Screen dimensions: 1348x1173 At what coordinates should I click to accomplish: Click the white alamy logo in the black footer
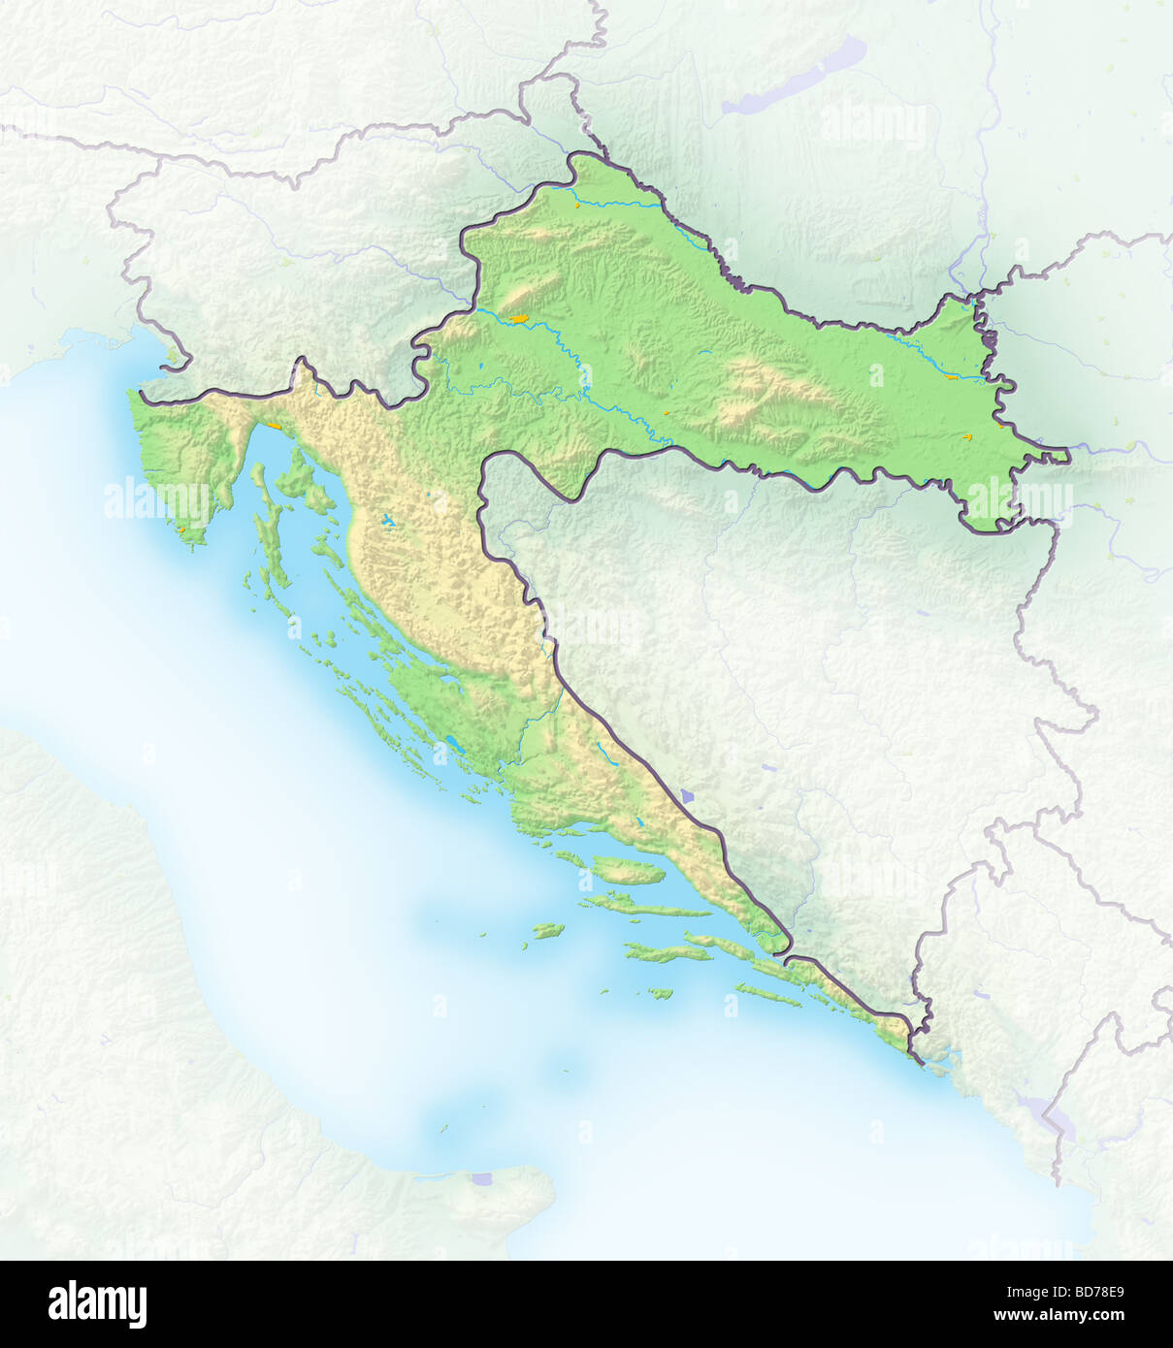tap(97, 1303)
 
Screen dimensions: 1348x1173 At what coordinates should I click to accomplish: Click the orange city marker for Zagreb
tap(519, 317)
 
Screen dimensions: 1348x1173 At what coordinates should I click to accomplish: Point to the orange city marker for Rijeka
tap(276, 425)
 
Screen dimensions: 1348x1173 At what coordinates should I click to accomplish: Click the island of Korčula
tap(669, 951)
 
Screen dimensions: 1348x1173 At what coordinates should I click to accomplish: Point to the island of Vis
tap(548, 930)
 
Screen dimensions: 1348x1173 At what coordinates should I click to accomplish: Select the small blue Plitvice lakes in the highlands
tap(390, 522)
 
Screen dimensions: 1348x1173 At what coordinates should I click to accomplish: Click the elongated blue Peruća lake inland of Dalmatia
tap(603, 750)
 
